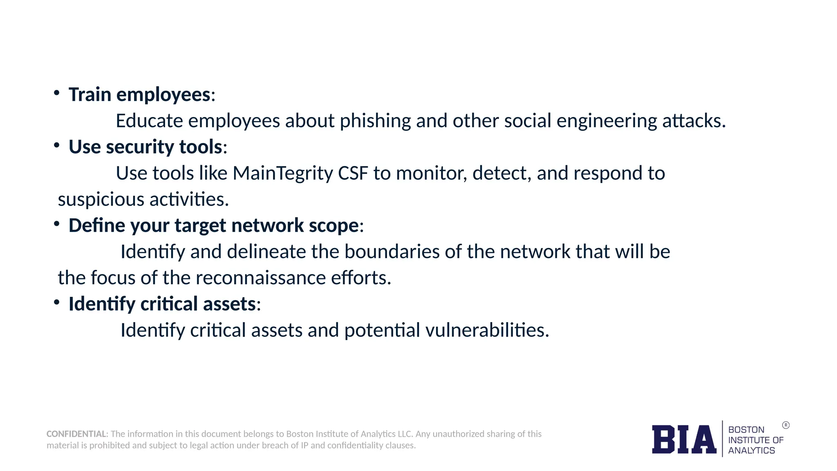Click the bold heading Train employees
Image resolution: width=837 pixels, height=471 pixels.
[x=139, y=95]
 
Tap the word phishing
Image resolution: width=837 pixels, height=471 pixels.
[x=375, y=121]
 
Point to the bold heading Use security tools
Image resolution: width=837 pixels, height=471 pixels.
[x=145, y=147]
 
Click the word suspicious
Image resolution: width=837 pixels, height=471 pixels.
[x=101, y=200]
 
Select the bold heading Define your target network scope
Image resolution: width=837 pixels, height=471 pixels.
[x=213, y=226]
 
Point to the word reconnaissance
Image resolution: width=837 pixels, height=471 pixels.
[x=260, y=278]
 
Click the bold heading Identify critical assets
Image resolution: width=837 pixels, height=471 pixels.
[x=162, y=304]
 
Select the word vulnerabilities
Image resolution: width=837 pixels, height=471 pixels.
[x=487, y=330]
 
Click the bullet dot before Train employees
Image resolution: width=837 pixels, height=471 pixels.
[x=57, y=93]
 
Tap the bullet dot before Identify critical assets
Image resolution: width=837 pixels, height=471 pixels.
[x=57, y=303]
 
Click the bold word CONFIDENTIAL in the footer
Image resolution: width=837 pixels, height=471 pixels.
[x=76, y=434]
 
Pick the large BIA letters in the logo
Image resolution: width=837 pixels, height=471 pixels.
[x=684, y=440]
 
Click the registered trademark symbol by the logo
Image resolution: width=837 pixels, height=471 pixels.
[x=786, y=425]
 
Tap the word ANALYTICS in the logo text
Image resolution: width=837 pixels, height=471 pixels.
[x=751, y=451]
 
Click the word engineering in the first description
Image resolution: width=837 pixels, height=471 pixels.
[x=606, y=121]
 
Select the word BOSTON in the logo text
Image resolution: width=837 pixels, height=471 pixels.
[x=746, y=430]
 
